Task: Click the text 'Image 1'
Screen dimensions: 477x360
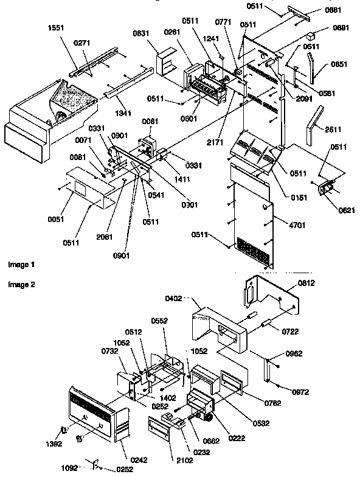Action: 21,265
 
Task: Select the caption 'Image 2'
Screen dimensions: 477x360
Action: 21,285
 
